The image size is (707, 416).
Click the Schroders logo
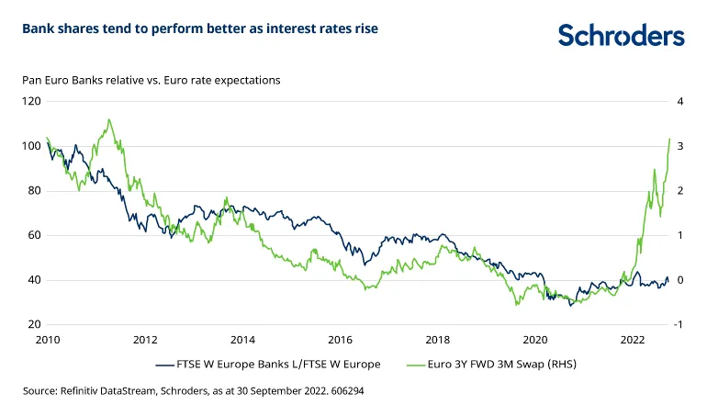tap(621, 35)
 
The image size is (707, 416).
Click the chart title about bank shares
tap(200, 28)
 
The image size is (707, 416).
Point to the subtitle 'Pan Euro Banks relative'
tap(151, 80)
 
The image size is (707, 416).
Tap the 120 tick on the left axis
tap(32, 101)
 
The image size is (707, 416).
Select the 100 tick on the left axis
tap(32, 146)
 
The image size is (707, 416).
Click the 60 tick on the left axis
tap(34, 235)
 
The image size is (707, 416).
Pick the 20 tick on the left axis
tap(34, 325)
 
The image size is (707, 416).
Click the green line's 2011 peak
tap(109, 119)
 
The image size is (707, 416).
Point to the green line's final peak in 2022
tap(669, 139)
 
